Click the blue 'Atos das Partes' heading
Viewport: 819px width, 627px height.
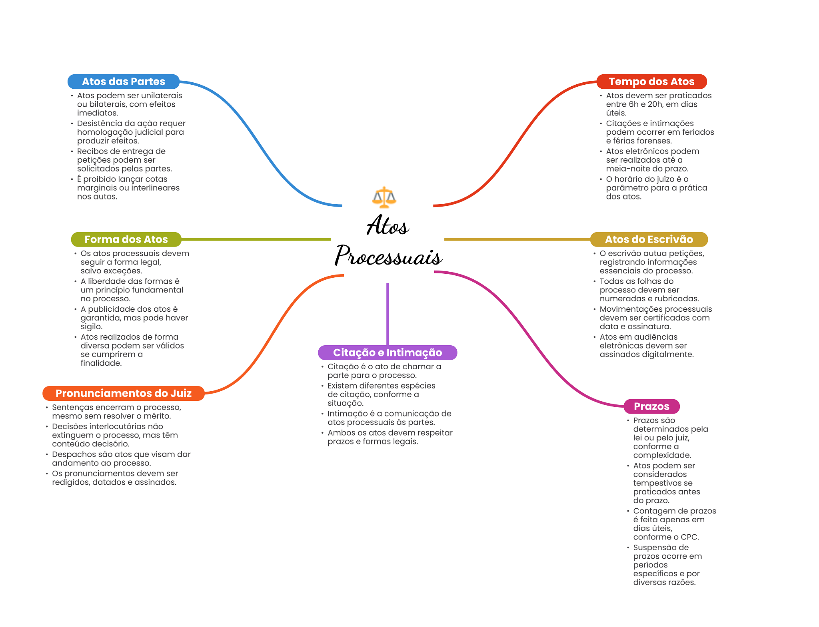coord(123,82)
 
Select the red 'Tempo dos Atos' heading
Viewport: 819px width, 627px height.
coord(651,82)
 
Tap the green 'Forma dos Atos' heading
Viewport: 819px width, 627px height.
coord(126,239)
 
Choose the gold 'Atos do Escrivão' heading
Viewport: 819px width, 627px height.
coord(649,239)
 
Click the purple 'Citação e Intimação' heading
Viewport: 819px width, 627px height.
coord(388,352)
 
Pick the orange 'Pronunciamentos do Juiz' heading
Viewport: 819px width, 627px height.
coord(124,393)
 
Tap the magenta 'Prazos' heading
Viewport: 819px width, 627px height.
coord(651,406)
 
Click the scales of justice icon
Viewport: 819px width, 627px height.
coord(384,197)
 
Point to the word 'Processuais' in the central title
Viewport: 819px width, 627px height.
coord(388,256)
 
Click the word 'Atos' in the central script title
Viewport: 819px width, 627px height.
coord(388,226)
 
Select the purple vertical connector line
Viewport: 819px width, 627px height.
coord(388,314)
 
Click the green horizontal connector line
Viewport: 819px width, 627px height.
coord(256,239)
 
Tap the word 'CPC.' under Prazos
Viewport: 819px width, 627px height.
coord(689,537)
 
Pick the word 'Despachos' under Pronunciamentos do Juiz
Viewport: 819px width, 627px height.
coord(72,454)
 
